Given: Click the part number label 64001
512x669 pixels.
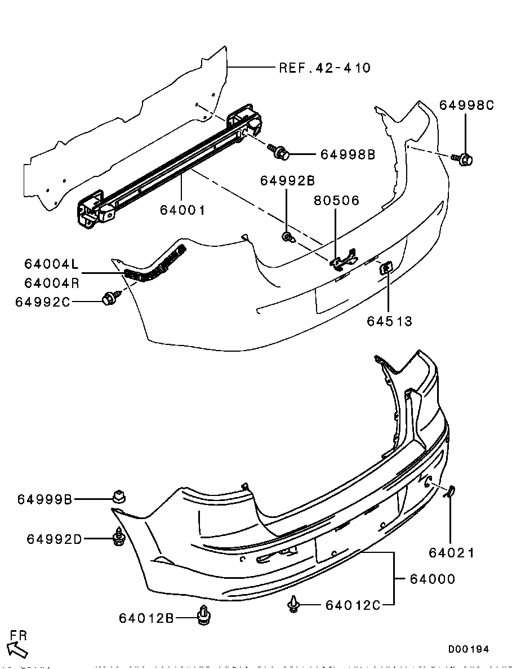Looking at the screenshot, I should pyautogui.click(x=182, y=210).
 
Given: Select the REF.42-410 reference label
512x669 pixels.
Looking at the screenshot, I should pyautogui.click(x=325, y=68).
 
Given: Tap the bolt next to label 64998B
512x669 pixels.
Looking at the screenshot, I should pyautogui.click(x=282, y=152).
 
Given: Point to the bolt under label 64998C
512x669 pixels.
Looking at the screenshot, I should pyautogui.click(x=465, y=159).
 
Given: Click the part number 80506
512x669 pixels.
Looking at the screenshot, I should pyautogui.click(x=336, y=201).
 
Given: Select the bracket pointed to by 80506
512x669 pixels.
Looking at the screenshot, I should pyautogui.click(x=344, y=259).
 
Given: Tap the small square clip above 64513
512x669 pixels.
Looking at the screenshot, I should pyautogui.click(x=387, y=268).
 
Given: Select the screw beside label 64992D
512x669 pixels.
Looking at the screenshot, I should pyautogui.click(x=118, y=537).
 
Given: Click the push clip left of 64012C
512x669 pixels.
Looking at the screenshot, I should pyautogui.click(x=293, y=605).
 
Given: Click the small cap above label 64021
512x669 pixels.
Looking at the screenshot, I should pyautogui.click(x=451, y=493).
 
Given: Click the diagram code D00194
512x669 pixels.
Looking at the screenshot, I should pyautogui.click(x=469, y=649).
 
